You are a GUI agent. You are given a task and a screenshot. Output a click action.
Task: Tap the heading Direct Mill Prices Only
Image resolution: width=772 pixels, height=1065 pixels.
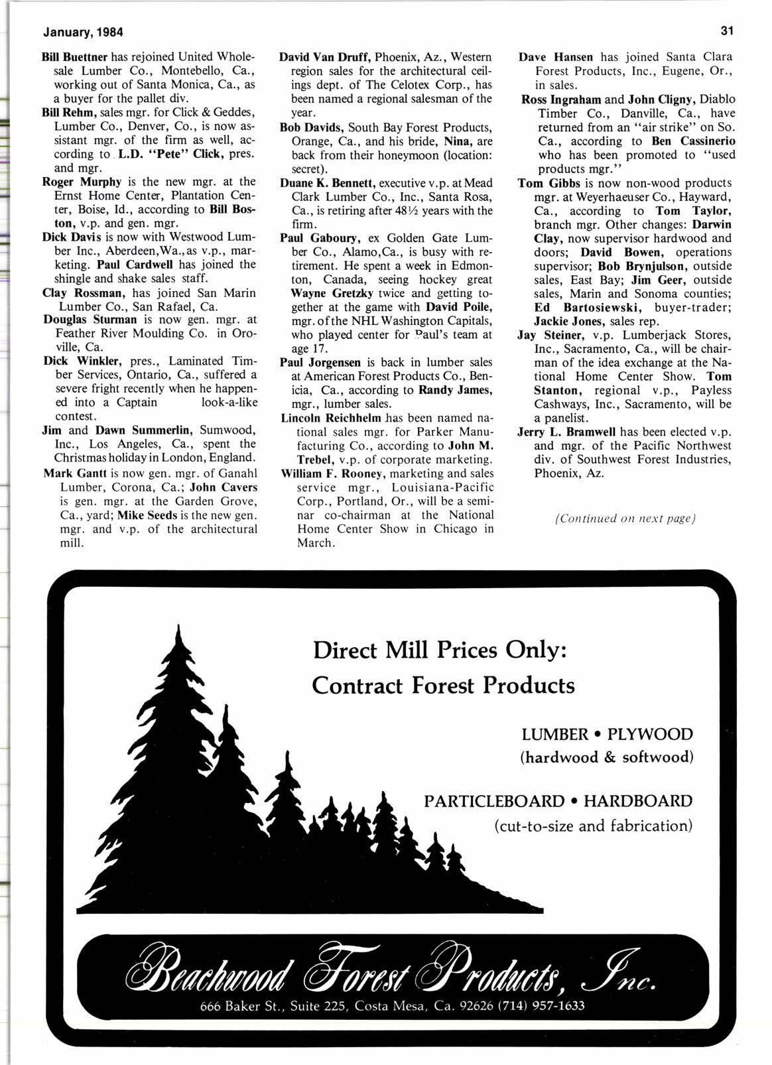[x=439, y=649]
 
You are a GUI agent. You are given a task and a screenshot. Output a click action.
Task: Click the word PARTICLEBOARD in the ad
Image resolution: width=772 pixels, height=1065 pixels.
[x=493, y=801]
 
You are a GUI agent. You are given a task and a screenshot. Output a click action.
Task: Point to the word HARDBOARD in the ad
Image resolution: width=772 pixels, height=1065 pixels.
[x=638, y=801]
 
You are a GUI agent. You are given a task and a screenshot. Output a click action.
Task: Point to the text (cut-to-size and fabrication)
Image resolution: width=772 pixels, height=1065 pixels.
[x=593, y=826]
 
